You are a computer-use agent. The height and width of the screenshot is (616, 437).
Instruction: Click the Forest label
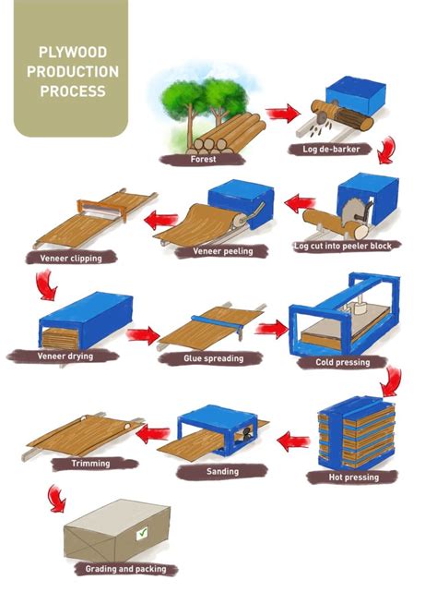[204, 158]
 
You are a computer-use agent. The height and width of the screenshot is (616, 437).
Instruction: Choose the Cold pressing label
[337, 362]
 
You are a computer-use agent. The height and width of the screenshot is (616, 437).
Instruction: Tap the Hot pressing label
[355, 477]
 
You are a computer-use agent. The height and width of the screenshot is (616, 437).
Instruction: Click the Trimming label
[90, 463]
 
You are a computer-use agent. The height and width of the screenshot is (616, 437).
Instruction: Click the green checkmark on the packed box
[141, 533]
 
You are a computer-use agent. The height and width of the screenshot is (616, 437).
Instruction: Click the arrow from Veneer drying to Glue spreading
[143, 334]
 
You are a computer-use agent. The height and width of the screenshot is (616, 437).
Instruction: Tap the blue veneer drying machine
[85, 319]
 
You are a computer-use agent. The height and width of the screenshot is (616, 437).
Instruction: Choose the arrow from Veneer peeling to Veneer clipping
[164, 220]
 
